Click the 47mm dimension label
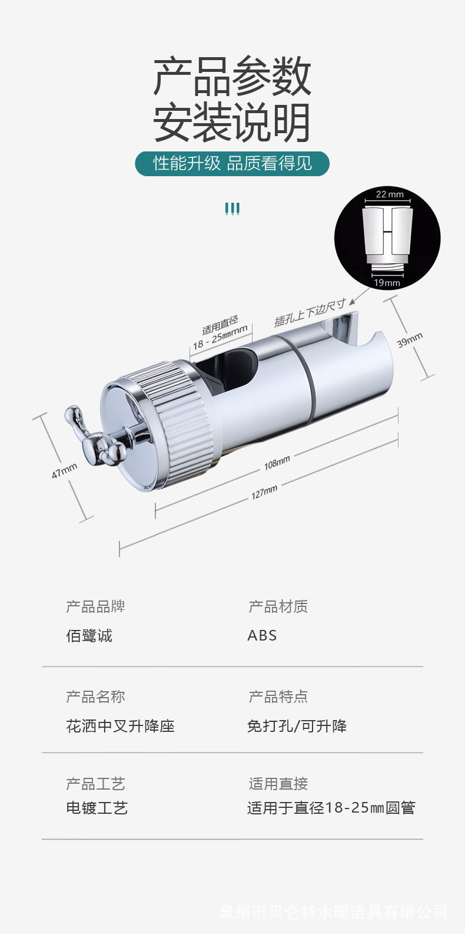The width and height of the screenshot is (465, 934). click(x=64, y=470)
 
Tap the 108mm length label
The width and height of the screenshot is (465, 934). click(x=277, y=463)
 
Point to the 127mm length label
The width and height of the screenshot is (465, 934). click(x=264, y=491)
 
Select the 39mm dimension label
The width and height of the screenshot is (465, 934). click(x=410, y=340)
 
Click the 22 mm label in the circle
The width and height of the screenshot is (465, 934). click(x=390, y=194)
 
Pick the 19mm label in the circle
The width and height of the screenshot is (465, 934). click(x=387, y=283)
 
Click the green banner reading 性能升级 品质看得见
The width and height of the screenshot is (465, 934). click(x=232, y=163)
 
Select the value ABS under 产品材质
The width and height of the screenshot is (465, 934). click(x=262, y=635)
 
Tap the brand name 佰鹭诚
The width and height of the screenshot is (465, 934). click(x=89, y=635)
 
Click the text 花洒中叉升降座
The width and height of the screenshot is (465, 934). click(x=120, y=725)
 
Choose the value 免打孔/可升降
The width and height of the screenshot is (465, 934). click(x=297, y=725)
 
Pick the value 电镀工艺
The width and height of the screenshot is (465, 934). click(x=97, y=807)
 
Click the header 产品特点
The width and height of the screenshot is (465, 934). click(x=278, y=697)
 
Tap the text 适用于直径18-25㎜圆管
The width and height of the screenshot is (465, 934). click(x=331, y=807)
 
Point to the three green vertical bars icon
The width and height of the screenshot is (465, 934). click(x=232, y=208)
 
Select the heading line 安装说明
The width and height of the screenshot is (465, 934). click(x=232, y=123)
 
